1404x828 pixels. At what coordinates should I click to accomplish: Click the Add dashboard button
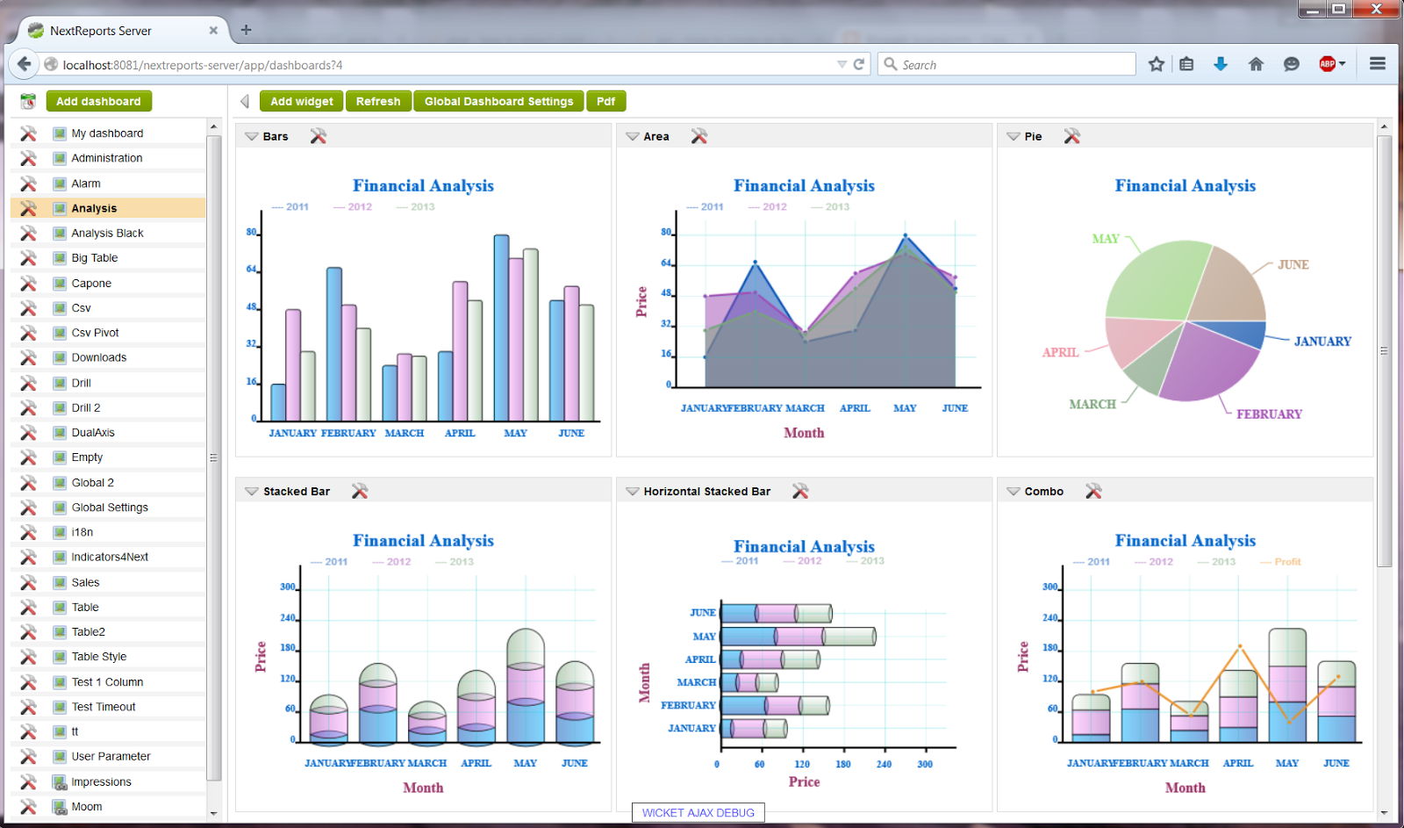pos(98,101)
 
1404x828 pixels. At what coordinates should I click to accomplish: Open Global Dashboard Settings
pos(498,101)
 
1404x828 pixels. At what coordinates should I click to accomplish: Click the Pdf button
pos(605,101)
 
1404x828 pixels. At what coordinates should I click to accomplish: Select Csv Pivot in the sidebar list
pos(95,333)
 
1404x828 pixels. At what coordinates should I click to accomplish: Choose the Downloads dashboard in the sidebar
pos(98,357)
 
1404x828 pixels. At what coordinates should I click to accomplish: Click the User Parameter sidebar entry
pos(111,756)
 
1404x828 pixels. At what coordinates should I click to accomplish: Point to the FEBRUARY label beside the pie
pos(1269,414)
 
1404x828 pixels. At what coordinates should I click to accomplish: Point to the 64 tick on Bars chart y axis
pos(252,270)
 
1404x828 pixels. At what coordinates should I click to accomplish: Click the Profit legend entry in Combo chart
pos(1287,562)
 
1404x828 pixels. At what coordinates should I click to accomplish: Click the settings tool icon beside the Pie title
pos(1071,136)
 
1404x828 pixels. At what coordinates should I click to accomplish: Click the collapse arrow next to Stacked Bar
pos(252,492)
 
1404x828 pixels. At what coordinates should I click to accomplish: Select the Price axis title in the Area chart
pos(641,301)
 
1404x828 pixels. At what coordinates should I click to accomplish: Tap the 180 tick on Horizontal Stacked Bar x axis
pos(842,764)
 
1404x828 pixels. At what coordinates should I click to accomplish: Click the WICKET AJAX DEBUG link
pos(698,813)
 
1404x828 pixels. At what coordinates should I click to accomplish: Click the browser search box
pos(1009,64)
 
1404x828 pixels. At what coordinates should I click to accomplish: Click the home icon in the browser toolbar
pos(1256,64)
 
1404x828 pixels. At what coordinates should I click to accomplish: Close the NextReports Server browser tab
pos(213,30)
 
